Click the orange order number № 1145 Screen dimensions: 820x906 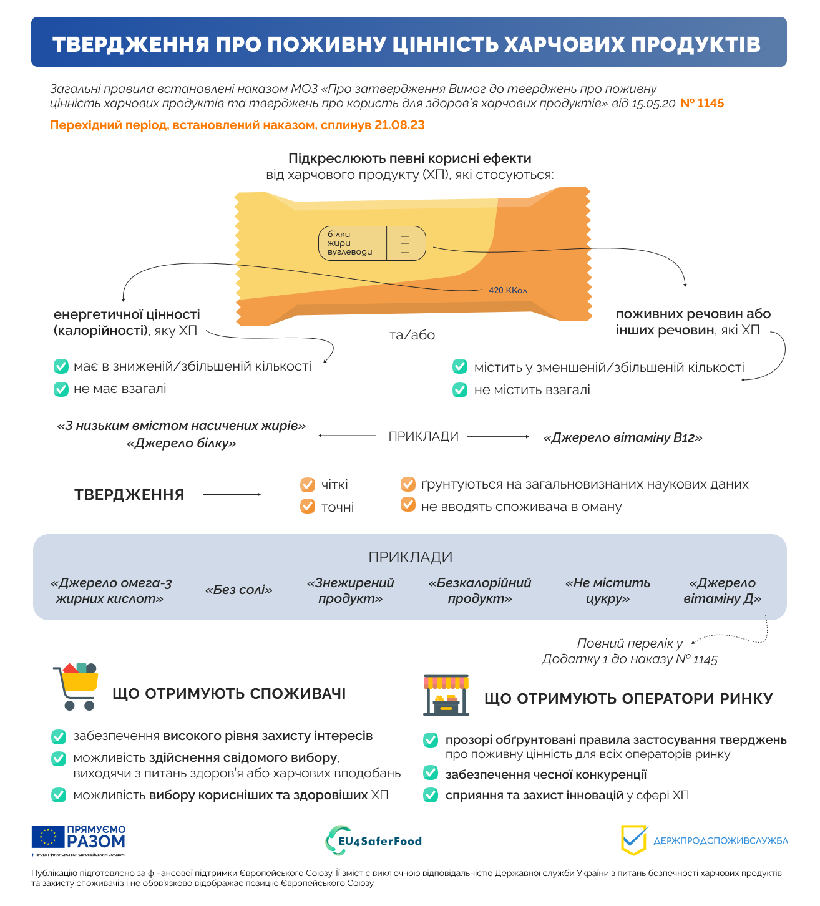[702, 104]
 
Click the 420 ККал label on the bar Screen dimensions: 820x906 [508, 290]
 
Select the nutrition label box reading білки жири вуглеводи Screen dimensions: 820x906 [372, 243]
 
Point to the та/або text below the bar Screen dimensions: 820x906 [412, 335]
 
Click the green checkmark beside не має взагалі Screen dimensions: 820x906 [61, 389]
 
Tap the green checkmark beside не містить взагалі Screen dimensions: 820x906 [460, 390]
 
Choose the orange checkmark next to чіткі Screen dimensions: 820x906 [308, 485]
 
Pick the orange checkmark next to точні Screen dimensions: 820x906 [308, 507]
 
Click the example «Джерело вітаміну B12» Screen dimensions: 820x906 [623, 437]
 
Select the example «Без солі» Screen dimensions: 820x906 [238, 590]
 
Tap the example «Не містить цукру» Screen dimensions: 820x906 [608, 590]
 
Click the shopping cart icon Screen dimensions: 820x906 [76, 686]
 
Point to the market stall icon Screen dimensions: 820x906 [446, 695]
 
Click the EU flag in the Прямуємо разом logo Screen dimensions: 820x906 [48, 837]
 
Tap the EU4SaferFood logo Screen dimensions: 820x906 [374, 840]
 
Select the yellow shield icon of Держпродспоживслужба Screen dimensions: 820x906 [634, 840]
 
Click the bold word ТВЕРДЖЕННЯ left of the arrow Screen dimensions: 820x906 [129, 495]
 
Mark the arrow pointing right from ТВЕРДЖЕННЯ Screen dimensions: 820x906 [232, 495]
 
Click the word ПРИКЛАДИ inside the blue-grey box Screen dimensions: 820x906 [410, 557]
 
